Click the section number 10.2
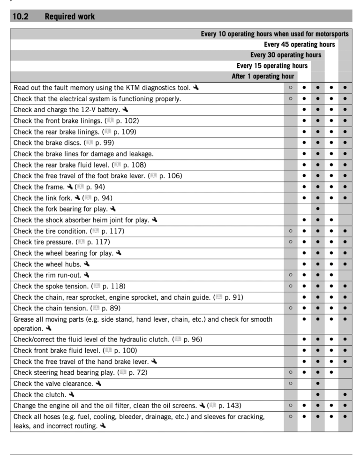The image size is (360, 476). pos(21,17)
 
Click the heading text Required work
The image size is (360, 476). pos(69,17)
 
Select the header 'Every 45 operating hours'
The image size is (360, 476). pos(299,45)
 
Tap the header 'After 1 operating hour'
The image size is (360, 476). pos(262,76)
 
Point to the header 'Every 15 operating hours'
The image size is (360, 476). pos(272,66)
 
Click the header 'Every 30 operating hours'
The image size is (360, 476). pos(285,55)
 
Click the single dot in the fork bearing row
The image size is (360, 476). pos(318,209)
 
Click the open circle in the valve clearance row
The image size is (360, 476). pos(291,384)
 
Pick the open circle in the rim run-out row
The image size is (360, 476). pos(291,275)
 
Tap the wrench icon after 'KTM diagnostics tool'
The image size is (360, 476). pos(195,88)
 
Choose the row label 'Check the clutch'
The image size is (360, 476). pos(39,394)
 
